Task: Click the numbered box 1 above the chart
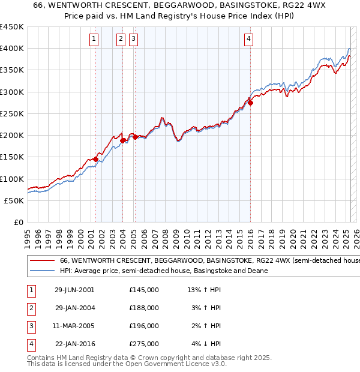coord(94,40)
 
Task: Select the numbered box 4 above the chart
coord(248,40)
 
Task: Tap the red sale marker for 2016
coord(251,103)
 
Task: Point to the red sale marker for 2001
coord(95,159)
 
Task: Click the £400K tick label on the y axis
coord(13,49)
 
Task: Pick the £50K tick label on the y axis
coord(15,200)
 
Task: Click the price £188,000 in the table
coord(144,308)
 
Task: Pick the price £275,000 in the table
coord(144,344)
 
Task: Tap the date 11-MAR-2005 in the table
coord(74,326)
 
